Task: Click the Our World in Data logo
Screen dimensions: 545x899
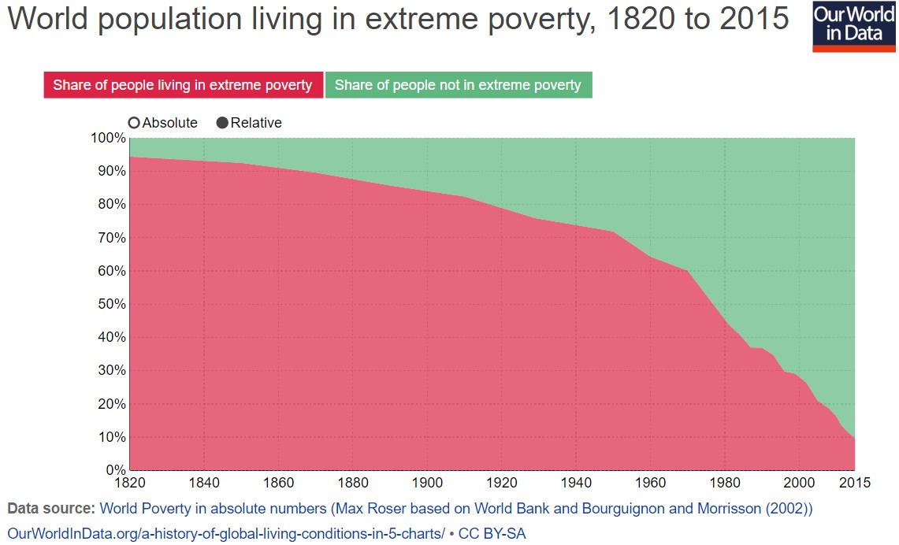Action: [854, 26]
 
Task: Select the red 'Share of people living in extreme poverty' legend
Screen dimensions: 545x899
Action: [183, 85]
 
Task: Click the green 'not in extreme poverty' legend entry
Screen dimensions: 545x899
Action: [458, 85]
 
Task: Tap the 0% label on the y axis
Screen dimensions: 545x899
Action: [116, 470]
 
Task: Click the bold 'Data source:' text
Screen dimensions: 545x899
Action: [50, 508]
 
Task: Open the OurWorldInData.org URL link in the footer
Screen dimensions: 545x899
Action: [226, 533]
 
